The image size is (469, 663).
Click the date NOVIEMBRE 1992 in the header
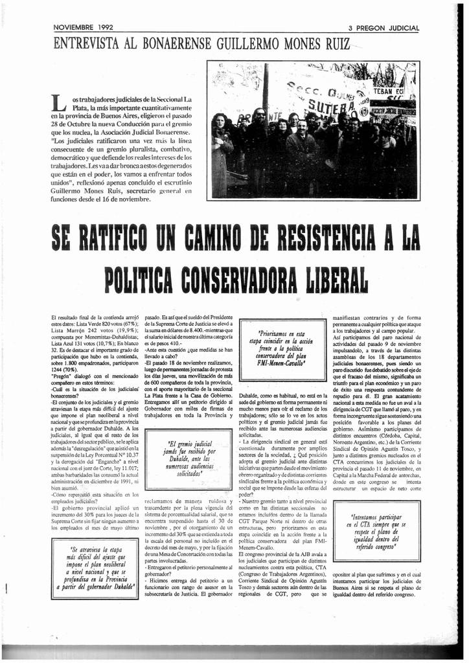coord(83,28)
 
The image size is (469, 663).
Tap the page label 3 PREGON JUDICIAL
coord(383,28)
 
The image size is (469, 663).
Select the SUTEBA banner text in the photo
coord(331,104)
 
